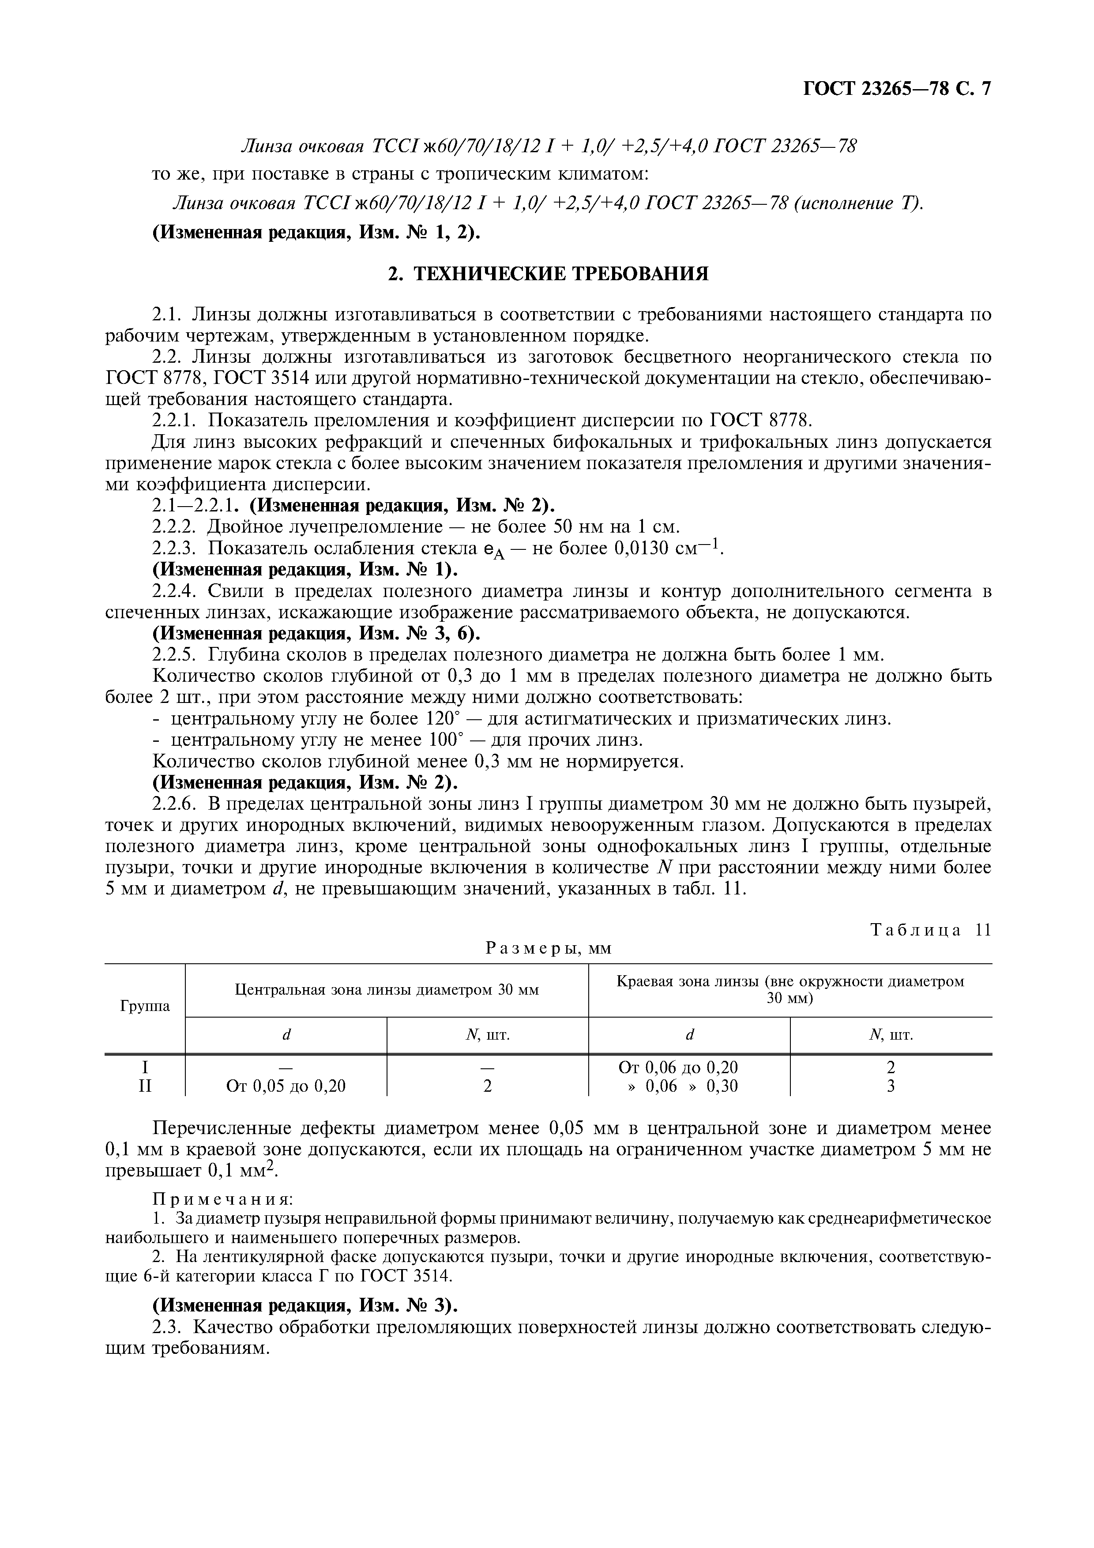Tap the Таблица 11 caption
tap(931, 930)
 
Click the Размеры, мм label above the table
tap(548, 948)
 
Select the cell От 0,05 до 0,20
tap(286, 1086)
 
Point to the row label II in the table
tap(145, 1086)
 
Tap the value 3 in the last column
tap(891, 1086)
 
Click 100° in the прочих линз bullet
tap(446, 740)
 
